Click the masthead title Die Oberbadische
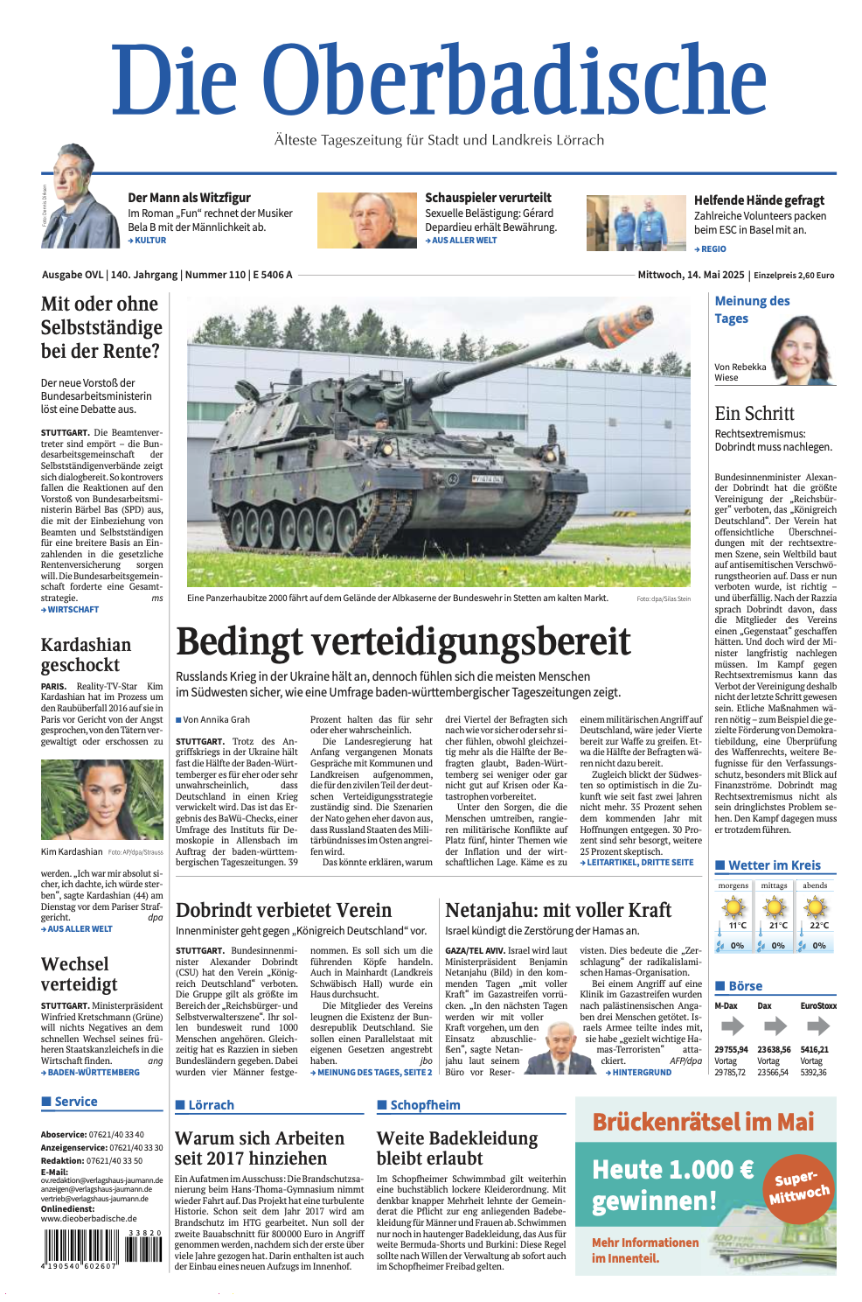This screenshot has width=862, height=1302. (439, 80)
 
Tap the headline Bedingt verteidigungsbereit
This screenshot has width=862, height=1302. (403, 641)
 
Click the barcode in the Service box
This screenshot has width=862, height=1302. (101, 1247)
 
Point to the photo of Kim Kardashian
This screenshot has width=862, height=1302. (101, 799)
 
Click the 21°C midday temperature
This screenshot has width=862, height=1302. (777, 925)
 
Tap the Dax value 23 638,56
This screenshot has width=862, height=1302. (774, 1049)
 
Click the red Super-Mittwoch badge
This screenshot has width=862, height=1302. (798, 1186)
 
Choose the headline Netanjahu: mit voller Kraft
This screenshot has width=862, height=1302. (558, 910)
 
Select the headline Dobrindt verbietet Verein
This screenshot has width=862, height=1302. (283, 910)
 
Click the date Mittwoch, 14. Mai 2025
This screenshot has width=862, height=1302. (690, 275)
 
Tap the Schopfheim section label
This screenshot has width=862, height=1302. (425, 1105)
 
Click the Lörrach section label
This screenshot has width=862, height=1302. (211, 1105)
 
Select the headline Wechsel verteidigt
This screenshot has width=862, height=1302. (80, 974)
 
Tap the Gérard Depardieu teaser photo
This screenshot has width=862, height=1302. (366, 220)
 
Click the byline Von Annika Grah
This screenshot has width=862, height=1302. (216, 719)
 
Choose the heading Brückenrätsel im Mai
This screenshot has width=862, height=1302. (703, 1122)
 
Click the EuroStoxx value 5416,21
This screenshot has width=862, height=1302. (814, 1049)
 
